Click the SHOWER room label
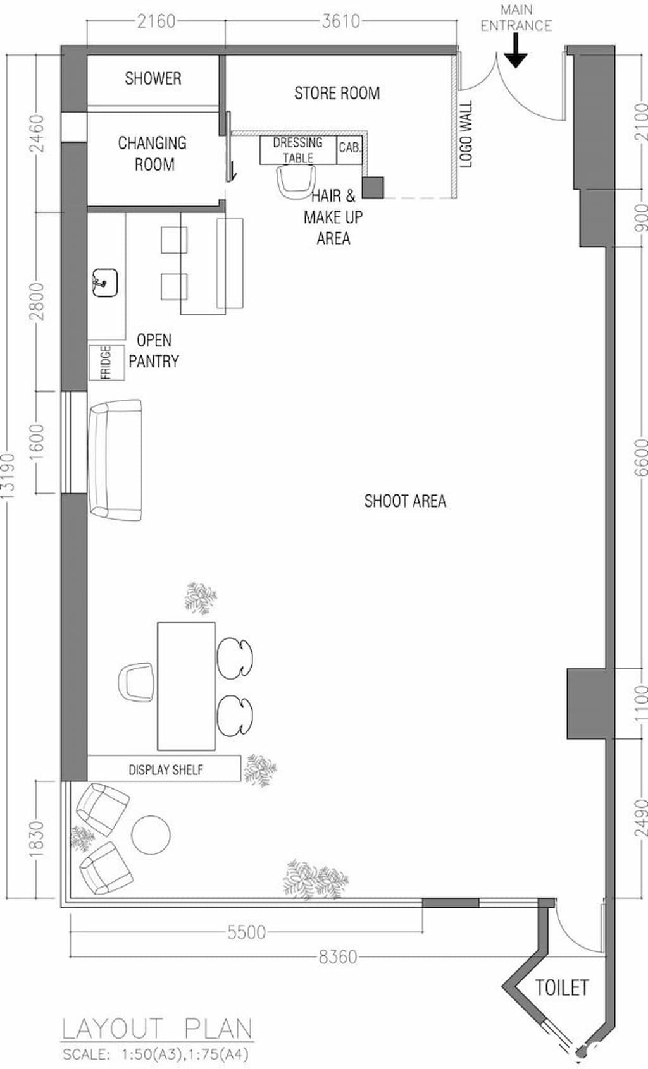153,78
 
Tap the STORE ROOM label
337,93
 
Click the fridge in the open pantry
106,362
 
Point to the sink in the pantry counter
104,283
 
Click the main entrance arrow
516,50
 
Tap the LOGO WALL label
466,133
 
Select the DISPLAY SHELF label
166,769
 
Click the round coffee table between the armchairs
151,835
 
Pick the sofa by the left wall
115,460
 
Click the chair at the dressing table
296,182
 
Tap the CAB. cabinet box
349,150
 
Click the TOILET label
561,987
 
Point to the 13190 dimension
8,476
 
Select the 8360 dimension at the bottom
337,956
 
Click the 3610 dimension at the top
340,21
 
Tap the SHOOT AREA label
405,501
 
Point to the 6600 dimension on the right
641,458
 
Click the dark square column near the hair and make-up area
373,188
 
